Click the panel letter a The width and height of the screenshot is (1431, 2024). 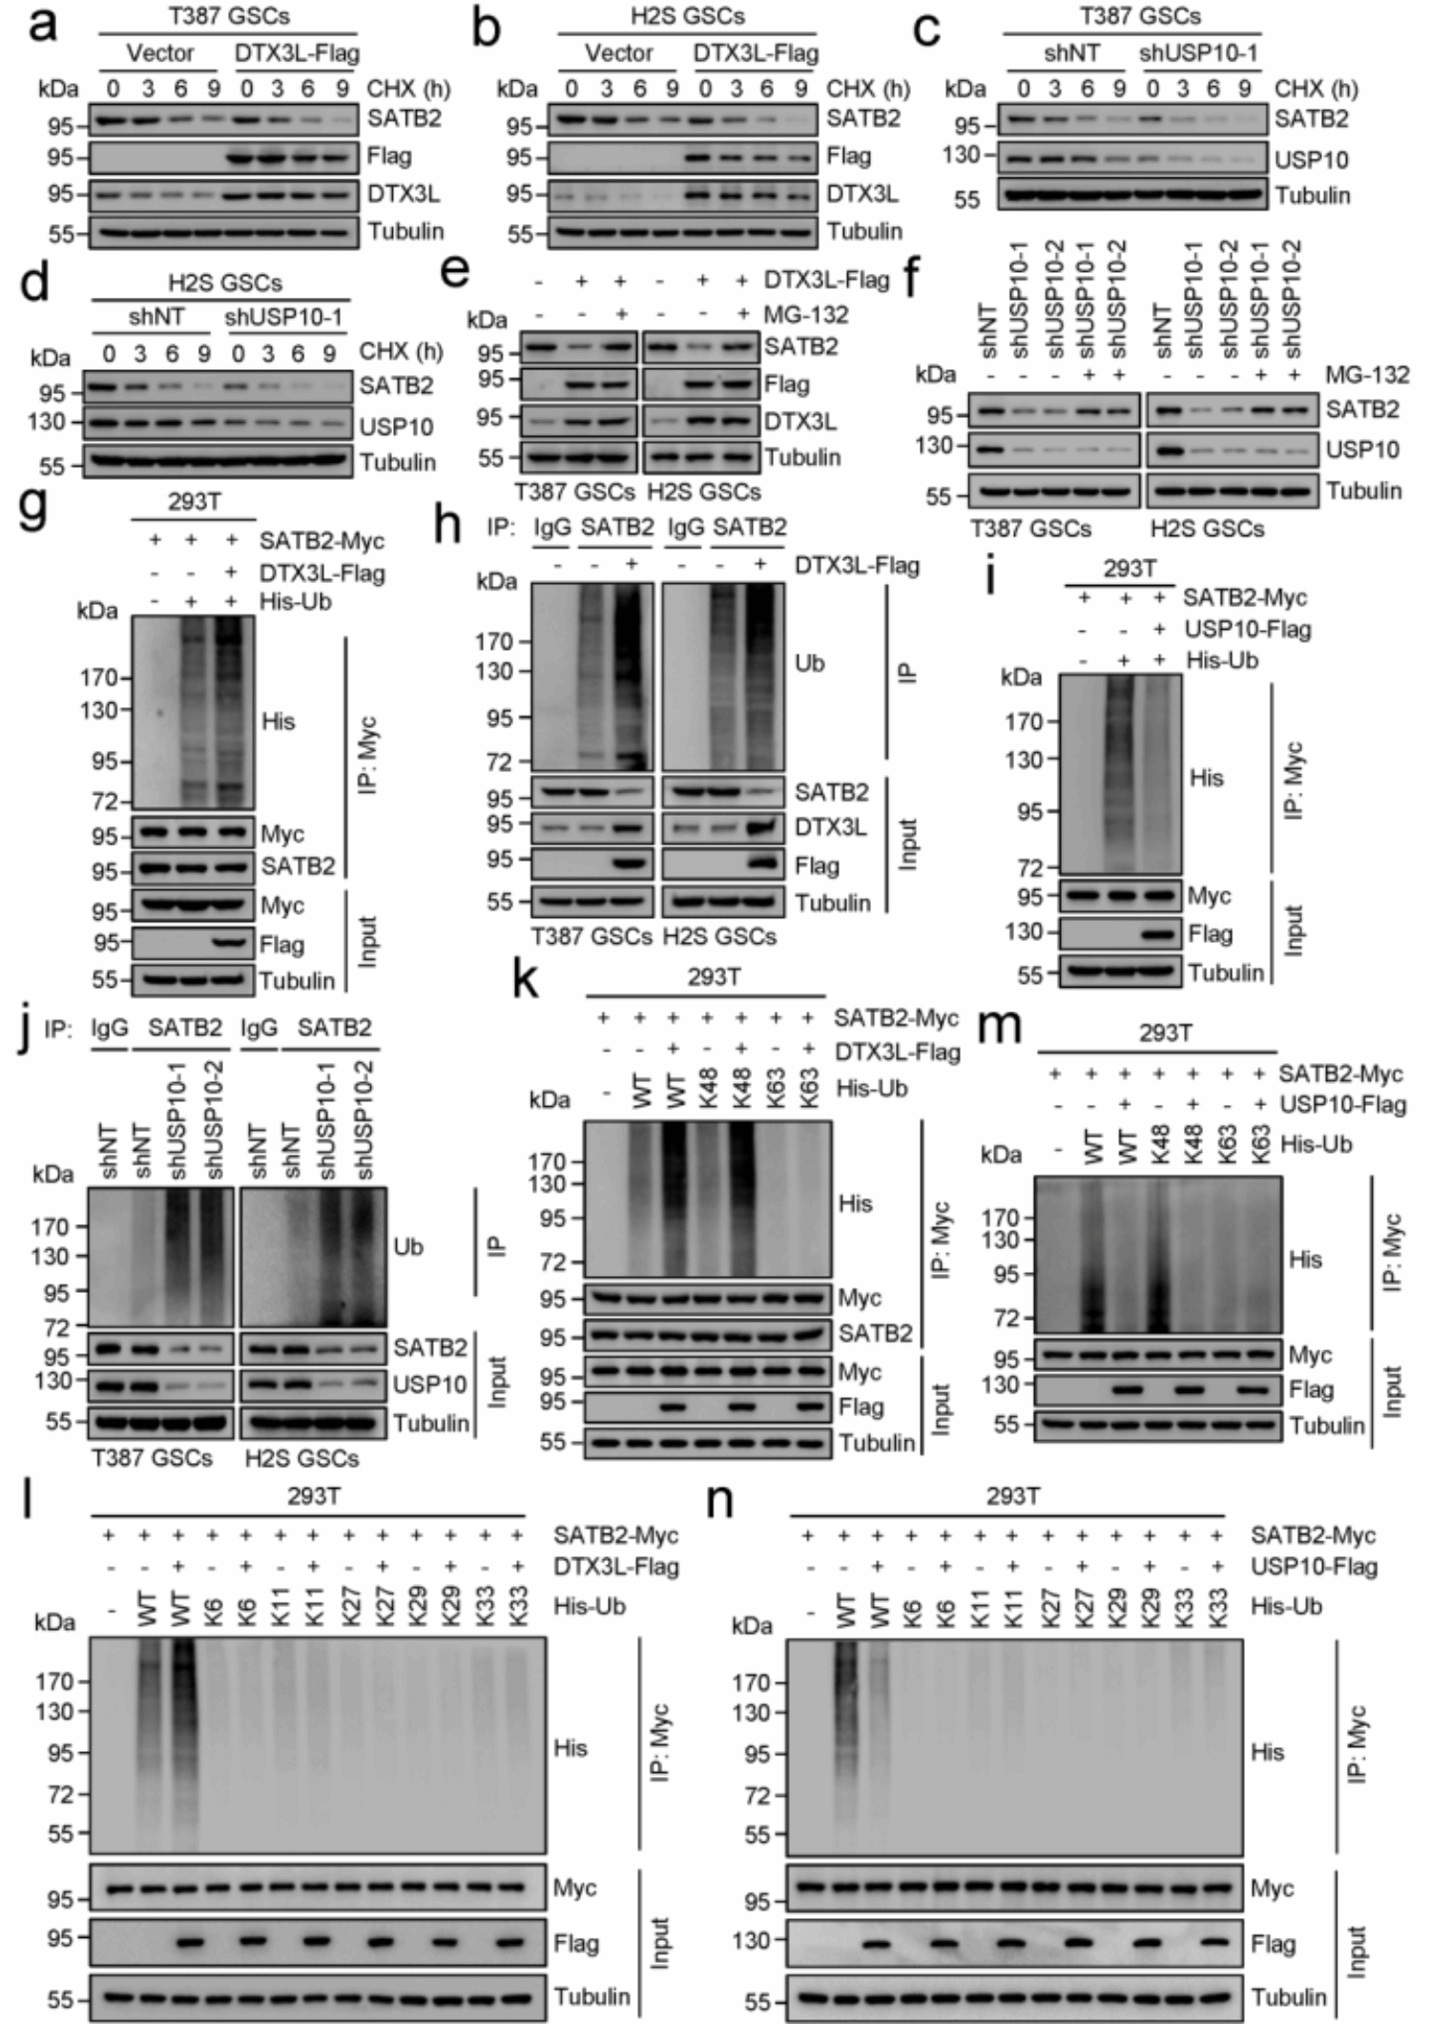click(43, 27)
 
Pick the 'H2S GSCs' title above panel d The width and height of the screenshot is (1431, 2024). click(224, 282)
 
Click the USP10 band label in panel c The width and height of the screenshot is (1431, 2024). click(1313, 159)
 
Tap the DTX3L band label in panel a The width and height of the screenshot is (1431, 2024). click(404, 194)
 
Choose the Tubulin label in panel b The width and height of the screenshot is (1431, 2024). click(863, 231)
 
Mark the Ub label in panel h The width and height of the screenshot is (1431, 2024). click(809, 663)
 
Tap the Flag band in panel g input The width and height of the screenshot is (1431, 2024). click(230, 944)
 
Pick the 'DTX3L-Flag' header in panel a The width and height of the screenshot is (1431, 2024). click(297, 53)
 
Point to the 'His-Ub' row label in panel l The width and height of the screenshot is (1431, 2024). click(590, 1606)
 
